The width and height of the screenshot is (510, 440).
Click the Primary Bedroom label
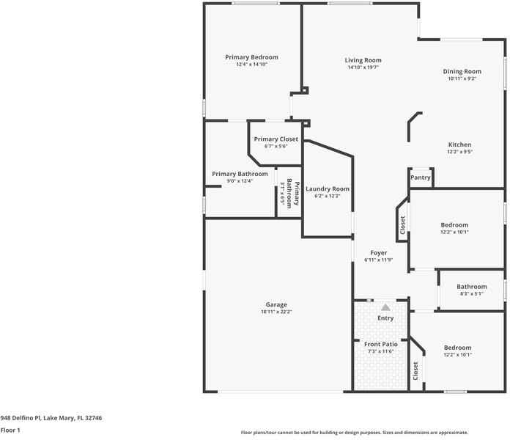point(251,57)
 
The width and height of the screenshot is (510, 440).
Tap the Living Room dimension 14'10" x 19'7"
point(363,67)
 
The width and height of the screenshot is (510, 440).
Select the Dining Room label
point(462,71)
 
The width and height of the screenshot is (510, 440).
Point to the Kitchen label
point(459,144)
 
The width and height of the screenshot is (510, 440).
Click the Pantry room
point(420,177)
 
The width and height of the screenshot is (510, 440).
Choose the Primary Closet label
point(276,139)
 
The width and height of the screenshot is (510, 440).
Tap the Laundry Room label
point(328,189)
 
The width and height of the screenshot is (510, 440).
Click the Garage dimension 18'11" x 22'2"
point(276,312)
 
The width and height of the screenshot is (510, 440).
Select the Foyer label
point(378,253)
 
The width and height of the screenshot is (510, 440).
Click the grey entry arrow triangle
point(385,307)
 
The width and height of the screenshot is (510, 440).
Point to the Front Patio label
point(381,344)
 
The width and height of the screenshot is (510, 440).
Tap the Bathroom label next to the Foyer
point(471,287)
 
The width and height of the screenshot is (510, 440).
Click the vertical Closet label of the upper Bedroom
point(402,226)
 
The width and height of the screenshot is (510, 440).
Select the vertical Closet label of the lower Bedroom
point(415,371)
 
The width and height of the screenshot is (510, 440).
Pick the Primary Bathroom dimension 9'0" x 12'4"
point(240,181)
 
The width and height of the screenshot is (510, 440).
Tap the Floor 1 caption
point(10,430)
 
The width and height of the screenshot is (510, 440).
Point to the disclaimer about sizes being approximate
point(355,433)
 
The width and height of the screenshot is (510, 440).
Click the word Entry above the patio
point(385,318)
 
